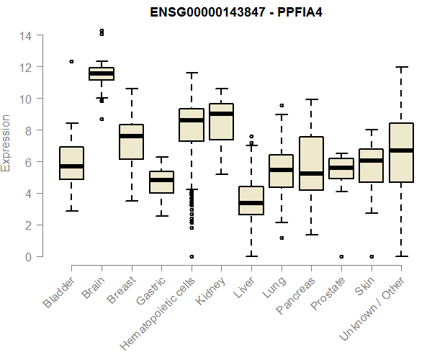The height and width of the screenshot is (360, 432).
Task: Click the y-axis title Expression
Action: (x=6, y=143)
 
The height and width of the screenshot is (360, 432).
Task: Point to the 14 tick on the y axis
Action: (x=26, y=35)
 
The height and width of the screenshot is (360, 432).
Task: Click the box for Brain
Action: (x=102, y=73)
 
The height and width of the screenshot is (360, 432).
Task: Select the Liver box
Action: (x=251, y=201)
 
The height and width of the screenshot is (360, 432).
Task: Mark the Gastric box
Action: (x=161, y=182)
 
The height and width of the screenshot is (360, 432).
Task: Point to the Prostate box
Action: (x=341, y=168)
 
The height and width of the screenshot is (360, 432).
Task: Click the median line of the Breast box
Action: (x=131, y=136)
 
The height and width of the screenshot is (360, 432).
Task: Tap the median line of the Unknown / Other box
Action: (x=401, y=150)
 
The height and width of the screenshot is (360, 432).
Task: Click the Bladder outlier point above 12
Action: (x=71, y=62)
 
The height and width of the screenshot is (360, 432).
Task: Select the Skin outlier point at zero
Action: (x=371, y=256)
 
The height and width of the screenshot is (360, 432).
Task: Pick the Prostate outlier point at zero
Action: (x=341, y=256)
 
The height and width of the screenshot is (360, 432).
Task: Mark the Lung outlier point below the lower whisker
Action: (x=282, y=238)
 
